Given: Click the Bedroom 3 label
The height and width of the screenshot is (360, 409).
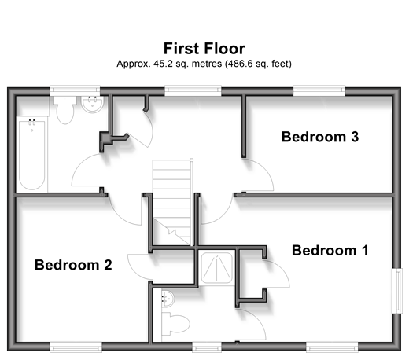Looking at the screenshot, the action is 320,137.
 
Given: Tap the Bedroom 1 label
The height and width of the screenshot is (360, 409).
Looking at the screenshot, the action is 330,250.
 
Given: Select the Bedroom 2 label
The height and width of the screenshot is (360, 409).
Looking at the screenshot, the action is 73,265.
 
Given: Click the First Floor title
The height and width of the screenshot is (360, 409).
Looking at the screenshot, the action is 204,49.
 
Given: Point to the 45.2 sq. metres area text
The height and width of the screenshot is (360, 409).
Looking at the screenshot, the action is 187,64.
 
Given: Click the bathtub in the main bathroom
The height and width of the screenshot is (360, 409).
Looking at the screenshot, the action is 31,154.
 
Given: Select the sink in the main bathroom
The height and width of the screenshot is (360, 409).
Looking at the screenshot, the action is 92,105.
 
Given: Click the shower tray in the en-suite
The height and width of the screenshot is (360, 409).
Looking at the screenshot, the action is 216,268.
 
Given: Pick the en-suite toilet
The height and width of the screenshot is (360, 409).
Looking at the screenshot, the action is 175,324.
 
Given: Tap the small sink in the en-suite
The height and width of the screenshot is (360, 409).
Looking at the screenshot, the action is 168,299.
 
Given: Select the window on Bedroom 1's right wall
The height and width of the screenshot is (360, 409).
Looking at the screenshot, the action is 398,291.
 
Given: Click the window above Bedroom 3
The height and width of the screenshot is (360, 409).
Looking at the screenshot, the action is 319,90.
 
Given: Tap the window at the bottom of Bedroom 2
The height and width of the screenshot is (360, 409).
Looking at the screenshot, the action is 76,347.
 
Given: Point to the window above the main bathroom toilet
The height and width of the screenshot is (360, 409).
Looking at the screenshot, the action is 75,90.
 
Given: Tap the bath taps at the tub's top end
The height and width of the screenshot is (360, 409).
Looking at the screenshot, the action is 31,121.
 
